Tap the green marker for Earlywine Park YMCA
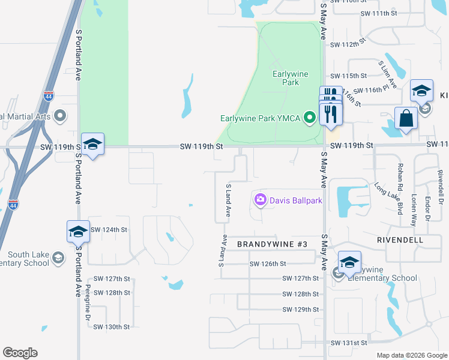click(310, 118)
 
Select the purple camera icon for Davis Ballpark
click(261, 200)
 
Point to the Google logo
click(20, 353)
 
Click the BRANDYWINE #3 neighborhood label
click(272, 244)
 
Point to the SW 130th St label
click(112, 327)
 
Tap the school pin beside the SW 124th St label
click(79, 232)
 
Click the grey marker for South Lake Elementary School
click(58, 258)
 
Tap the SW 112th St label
click(348, 44)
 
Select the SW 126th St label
click(268, 264)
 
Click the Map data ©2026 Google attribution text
click(411, 355)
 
